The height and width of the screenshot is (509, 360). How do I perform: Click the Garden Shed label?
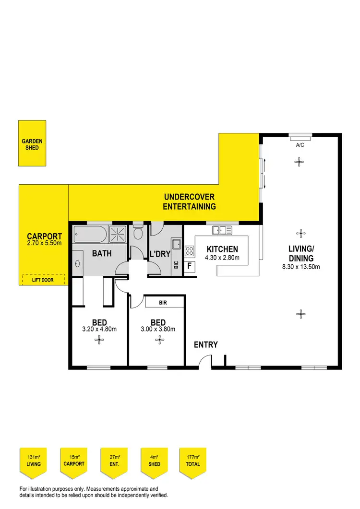point(32,144)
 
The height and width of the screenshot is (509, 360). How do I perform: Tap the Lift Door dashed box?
point(44,279)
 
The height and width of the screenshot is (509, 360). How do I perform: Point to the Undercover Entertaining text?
point(189,202)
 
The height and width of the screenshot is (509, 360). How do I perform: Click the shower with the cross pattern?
point(117,235)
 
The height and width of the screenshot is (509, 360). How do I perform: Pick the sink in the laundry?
point(176,243)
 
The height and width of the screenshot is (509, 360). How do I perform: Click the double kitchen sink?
point(222,231)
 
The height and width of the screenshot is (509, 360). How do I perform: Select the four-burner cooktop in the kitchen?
point(190,250)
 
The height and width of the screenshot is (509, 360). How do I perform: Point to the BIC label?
point(176,265)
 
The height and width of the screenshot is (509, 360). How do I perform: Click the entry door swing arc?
point(205,361)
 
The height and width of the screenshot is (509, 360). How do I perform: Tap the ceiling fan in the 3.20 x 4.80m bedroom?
point(99,340)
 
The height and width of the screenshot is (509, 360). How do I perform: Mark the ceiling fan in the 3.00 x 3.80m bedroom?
point(159,340)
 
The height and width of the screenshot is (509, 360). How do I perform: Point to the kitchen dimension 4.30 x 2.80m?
point(222,258)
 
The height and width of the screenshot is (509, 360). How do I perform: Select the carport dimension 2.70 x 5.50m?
point(44,243)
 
